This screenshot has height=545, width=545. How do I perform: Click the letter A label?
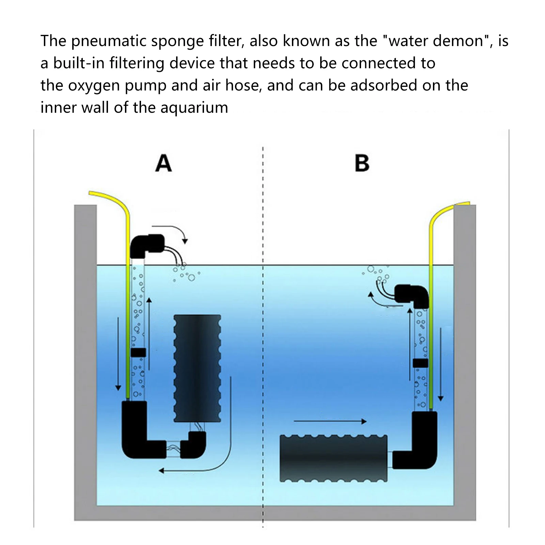[x=163, y=163]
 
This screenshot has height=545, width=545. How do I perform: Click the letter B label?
[x=362, y=163]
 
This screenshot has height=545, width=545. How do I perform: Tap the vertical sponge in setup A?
[x=197, y=368]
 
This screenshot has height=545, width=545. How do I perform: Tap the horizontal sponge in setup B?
[x=333, y=458]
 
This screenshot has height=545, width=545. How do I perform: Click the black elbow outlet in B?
[x=412, y=295]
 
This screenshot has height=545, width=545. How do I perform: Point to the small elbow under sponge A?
[x=194, y=445]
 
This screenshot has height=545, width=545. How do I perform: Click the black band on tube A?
[x=138, y=353]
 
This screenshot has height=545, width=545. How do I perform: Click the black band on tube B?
[x=420, y=363]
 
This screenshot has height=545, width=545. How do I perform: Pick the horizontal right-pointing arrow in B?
[x=330, y=421]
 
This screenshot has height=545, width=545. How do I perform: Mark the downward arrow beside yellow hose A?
[x=118, y=354]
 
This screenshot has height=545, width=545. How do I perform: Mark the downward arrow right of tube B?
[x=441, y=364]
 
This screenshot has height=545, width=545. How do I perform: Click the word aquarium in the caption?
[x=194, y=108]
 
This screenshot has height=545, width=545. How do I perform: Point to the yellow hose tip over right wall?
[x=463, y=204]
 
